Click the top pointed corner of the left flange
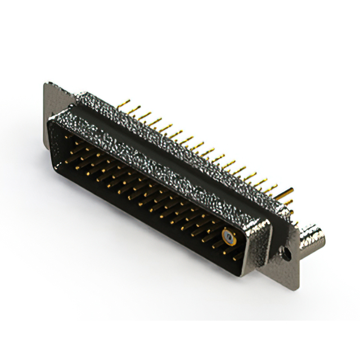point(46,84)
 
